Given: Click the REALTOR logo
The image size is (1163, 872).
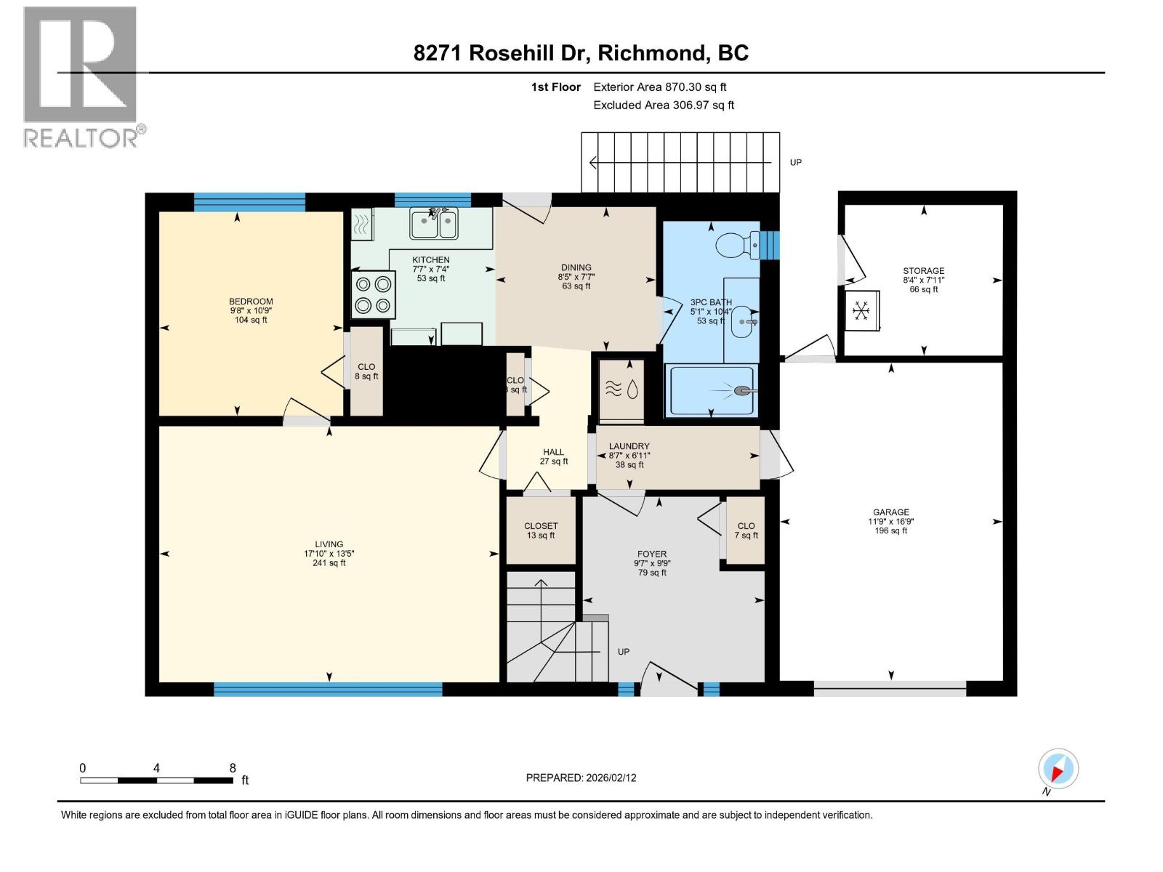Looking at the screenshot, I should click(x=80, y=76).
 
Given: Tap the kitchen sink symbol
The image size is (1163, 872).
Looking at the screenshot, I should click(x=433, y=223).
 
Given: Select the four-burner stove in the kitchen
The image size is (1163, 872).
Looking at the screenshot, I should click(x=374, y=294).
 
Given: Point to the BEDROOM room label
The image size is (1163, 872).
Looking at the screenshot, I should click(x=251, y=302).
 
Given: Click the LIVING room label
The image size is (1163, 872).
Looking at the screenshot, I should click(x=329, y=544).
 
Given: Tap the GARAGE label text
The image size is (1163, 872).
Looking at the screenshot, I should click(x=890, y=512).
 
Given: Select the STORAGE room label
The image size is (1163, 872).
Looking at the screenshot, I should click(x=923, y=271).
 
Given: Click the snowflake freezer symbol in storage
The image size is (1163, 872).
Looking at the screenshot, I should click(x=861, y=311).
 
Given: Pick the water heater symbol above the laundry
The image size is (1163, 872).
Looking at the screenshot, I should click(x=621, y=390).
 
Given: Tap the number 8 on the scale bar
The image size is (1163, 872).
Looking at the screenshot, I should click(x=233, y=768).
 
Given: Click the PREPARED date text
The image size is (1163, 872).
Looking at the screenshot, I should click(x=581, y=778).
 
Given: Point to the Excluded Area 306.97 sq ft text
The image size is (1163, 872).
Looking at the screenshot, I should click(x=663, y=105).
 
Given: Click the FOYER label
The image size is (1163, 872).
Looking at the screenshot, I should click(x=652, y=554).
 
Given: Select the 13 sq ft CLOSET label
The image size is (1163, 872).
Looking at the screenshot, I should click(x=541, y=526).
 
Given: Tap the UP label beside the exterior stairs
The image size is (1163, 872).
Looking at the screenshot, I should click(x=795, y=162).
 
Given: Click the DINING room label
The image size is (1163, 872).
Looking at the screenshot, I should click(x=576, y=267).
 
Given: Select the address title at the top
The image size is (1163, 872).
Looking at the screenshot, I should click(x=581, y=53).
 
